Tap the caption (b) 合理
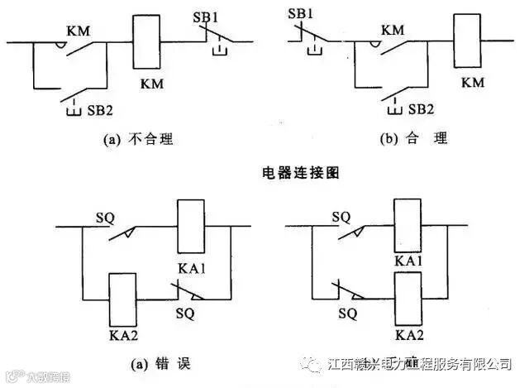413,138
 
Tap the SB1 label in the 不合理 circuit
217,16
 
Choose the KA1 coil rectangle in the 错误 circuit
192,226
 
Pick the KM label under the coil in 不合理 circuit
152,84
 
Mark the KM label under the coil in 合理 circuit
473,82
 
